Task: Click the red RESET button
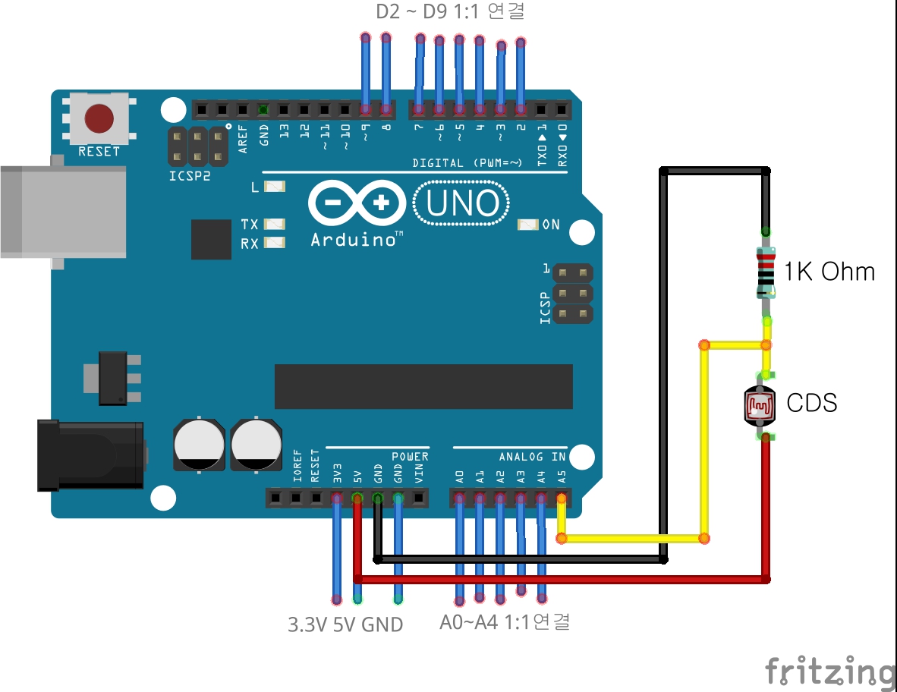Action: point(99,118)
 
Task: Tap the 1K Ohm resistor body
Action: point(766,272)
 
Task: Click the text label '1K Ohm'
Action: point(829,272)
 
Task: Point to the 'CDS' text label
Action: point(811,402)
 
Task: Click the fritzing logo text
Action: point(829,671)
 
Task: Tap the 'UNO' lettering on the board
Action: point(462,203)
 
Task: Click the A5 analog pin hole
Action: point(562,499)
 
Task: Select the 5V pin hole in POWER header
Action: point(357,499)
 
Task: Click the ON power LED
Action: point(527,225)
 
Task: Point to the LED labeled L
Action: point(273,187)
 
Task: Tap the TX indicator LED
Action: point(274,225)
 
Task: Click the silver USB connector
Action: point(62,211)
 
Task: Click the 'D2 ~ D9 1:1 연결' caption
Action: point(450,12)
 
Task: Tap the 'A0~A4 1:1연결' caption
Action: point(505,622)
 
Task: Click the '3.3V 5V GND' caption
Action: point(345,625)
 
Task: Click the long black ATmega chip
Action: point(423,386)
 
